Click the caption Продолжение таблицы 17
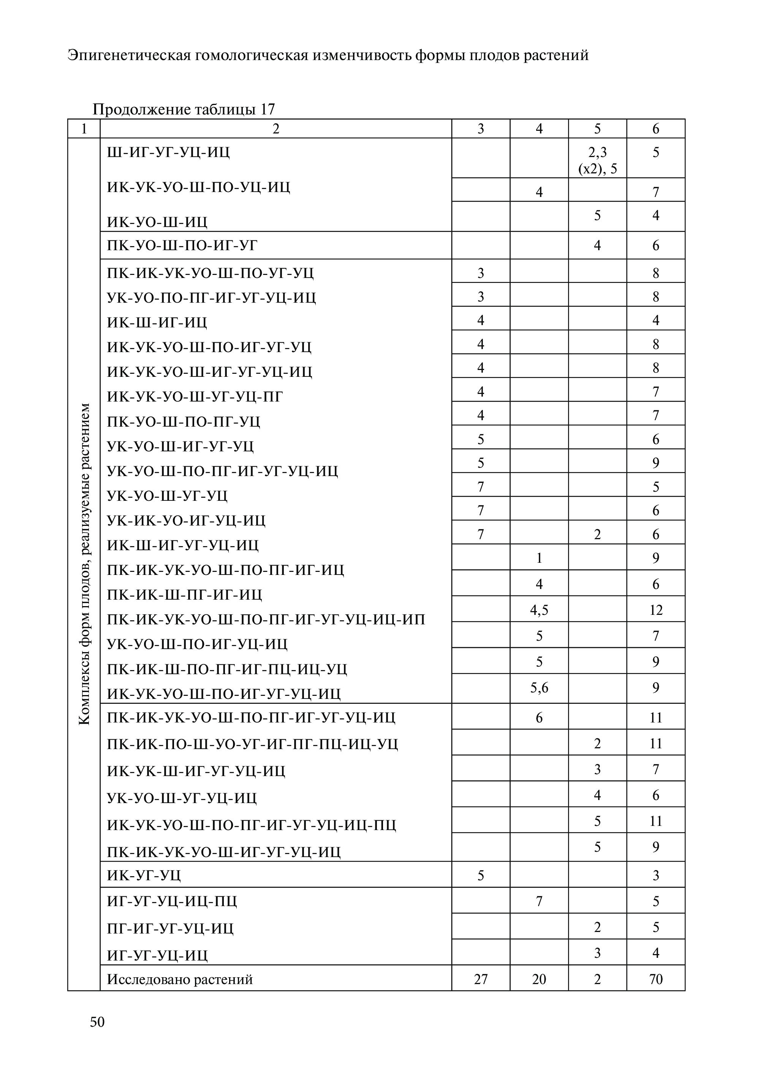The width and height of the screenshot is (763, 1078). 183,110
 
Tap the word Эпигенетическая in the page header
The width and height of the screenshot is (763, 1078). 128,56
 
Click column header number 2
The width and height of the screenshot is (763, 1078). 276,129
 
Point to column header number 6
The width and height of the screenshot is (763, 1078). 655,129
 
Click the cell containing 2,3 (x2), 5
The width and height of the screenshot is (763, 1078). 597,160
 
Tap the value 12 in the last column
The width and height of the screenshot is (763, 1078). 655,610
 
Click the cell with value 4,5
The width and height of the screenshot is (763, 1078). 539,610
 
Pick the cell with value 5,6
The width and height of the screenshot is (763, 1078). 539,688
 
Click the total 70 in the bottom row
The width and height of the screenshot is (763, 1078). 655,979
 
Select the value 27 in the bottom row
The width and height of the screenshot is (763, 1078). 481,979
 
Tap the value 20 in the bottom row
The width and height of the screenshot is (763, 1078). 539,979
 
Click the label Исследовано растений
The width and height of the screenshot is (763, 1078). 180,979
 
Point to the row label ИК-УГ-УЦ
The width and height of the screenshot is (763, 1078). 144,875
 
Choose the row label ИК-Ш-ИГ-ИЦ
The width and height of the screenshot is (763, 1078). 157,322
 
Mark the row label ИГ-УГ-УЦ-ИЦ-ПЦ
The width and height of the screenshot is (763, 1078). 172,901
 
